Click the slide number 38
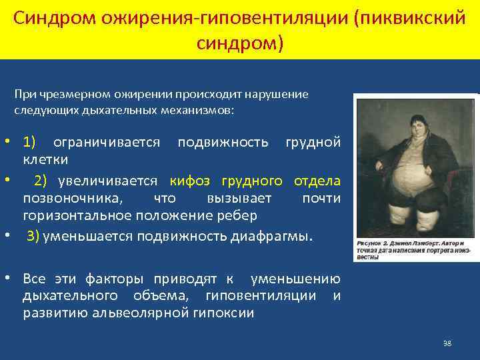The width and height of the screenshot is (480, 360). pyautogui.click(x=447, y=343)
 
